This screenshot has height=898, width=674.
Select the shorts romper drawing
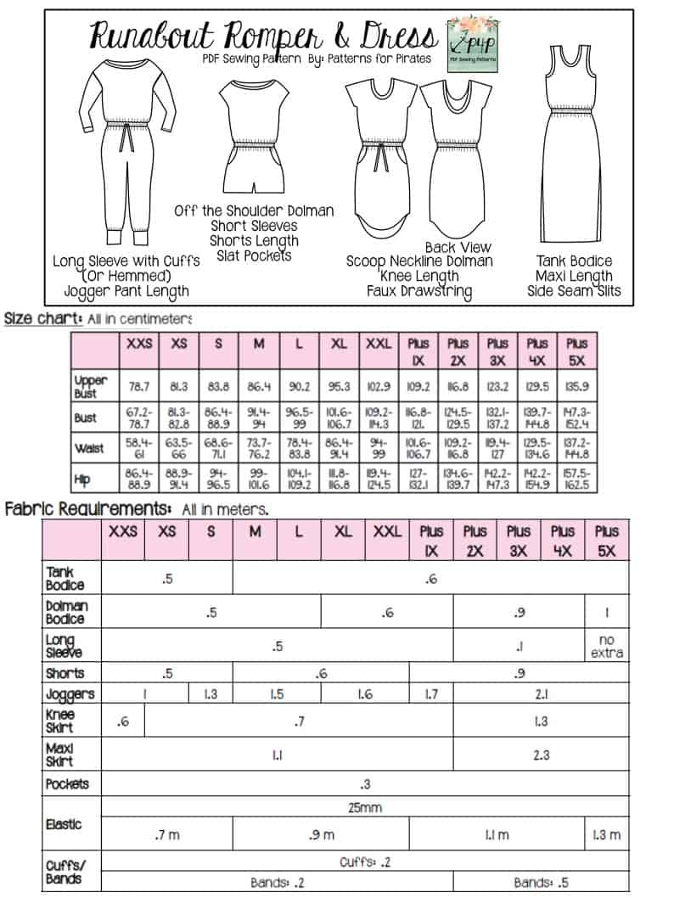click(x=252, y=136)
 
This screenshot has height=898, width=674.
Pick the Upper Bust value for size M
click(x=259, y=386)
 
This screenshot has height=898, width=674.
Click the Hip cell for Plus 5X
click(x=576, y=480)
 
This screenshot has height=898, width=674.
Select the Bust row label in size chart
click(x=85, y=418)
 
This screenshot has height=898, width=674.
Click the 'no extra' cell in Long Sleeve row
click(x=606, y=646)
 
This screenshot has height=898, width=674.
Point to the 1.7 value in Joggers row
click(x=430, y=694)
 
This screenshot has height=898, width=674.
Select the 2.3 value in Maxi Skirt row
click(x=541, y=754)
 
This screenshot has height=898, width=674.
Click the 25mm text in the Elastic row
click(x=365, y=806)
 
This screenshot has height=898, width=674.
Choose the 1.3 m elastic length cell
click(x=606, y=835)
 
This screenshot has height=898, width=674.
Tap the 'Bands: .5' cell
click(x=541, y=882)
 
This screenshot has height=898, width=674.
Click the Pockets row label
click(x=68, y=783)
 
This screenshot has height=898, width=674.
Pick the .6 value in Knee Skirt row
click(x=123, y=722)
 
